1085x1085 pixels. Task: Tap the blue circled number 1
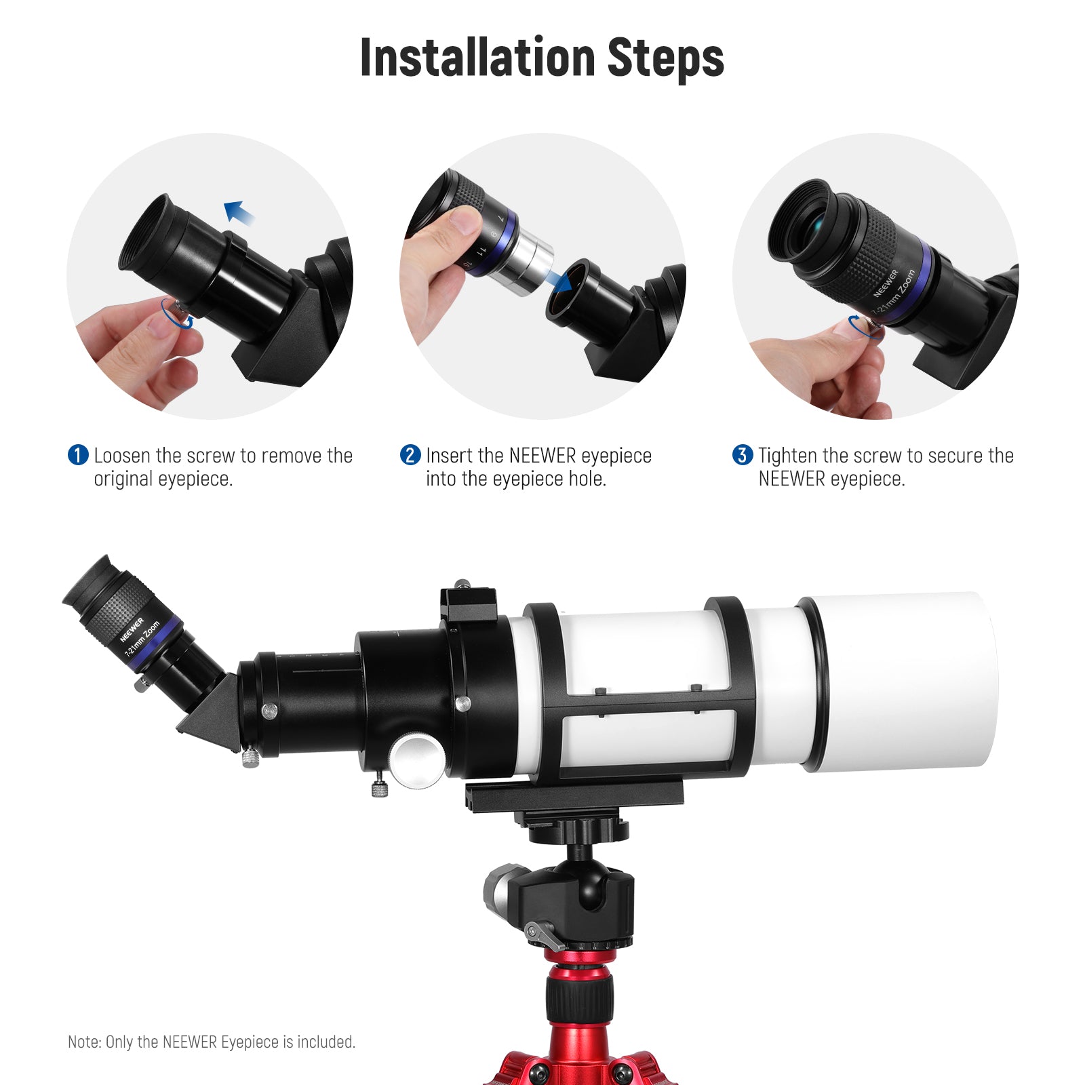pos(78,455)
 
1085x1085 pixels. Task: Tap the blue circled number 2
pos(410,455)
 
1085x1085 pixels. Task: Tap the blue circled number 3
pos(743,455)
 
